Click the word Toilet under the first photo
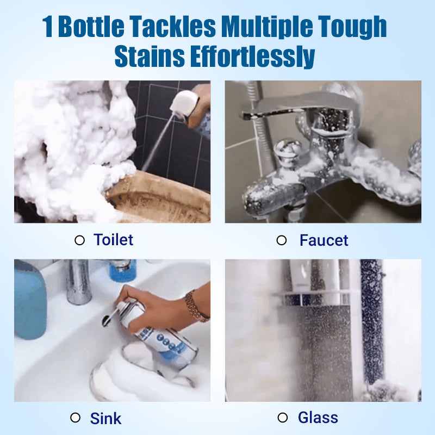coord(114,240)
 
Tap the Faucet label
coord(324,240)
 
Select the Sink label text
coord(105,418)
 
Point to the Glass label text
coord(318,418)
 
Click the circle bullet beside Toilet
coord(79,240)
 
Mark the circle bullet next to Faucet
coord(282,240)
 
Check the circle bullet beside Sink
coord(75,418)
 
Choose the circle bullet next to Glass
coord(282,418)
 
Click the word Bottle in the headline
coord(91,27)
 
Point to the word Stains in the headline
coord(150,57)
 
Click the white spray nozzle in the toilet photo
coord(183,103)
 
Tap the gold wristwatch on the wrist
coord(196,306)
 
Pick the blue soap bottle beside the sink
coord(29,301)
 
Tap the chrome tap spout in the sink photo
coord(79,282)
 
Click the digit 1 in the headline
coord(47,27)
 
